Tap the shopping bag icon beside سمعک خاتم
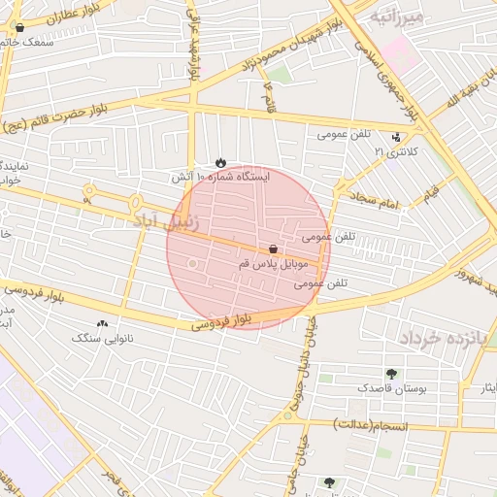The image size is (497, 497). click(x=19, y=28)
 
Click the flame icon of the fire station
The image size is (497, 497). click(x=220, y=163)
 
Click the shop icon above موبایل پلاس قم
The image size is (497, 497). click(x=275, y=249)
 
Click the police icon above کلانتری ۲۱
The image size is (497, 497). click(x=396, y=137)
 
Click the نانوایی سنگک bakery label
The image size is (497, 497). click(x=104, y=339)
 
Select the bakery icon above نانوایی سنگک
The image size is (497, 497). click(x=103, y=323)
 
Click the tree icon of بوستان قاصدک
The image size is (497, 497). click(x=391, y=374)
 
